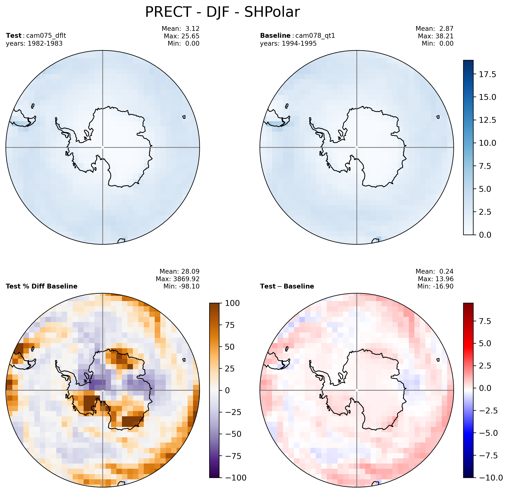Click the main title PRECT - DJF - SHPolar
pos(222,12)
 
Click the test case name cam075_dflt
pos(46,36)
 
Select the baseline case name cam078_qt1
pos(315,36)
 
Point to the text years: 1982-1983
pos(34,43)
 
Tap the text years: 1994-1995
pos(288,43)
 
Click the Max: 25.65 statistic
pos(181,36)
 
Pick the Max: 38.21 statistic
pos(436,36)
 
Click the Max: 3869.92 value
pos(177,279)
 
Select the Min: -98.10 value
pos(181,286)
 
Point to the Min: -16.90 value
pos(435,286)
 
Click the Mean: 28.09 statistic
pos(179,271)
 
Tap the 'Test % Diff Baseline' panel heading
pos(42,286)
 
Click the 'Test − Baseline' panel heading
pos(287,286)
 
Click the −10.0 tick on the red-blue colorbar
pos(491,477)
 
